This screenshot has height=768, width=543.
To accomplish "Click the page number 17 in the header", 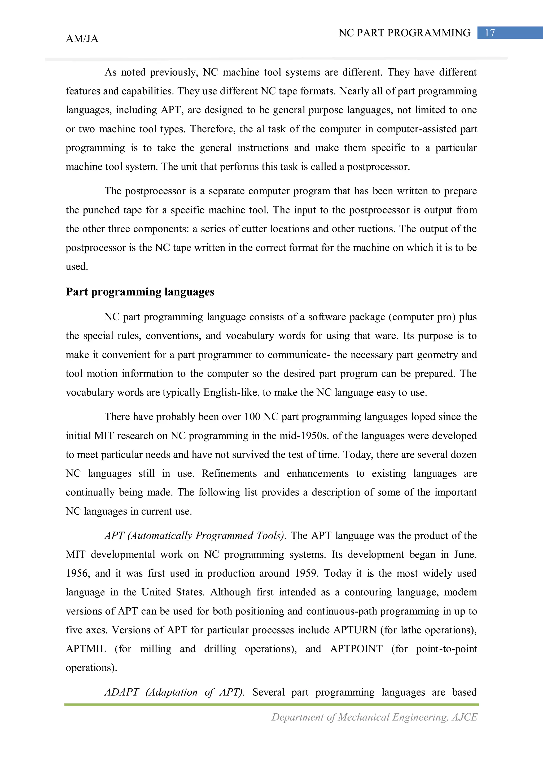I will pyautogui.click(x=489, y=33).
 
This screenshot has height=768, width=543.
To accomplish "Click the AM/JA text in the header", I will pyautogui.click(x=82, y=39).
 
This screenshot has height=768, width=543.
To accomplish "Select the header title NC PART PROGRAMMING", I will pyautogui.click(x=404, y=33).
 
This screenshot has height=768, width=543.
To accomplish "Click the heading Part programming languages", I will pyautogui.click(x=140, y=292).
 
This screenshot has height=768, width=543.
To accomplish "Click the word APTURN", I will pyautogui.click(x=355, y=630).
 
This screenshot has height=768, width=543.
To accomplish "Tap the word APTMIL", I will pyautogui.click(x=86, y=649).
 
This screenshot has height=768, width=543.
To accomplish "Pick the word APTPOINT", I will pyautogui.click(x=356, y=649).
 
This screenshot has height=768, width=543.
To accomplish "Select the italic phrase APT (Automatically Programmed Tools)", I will pyautogui.click(x=195, y=536).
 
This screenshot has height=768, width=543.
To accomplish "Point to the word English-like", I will pyautogui.click(x=231, y=392).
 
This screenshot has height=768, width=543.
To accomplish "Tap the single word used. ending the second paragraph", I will pyautogui.click(x=77, y=267).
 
